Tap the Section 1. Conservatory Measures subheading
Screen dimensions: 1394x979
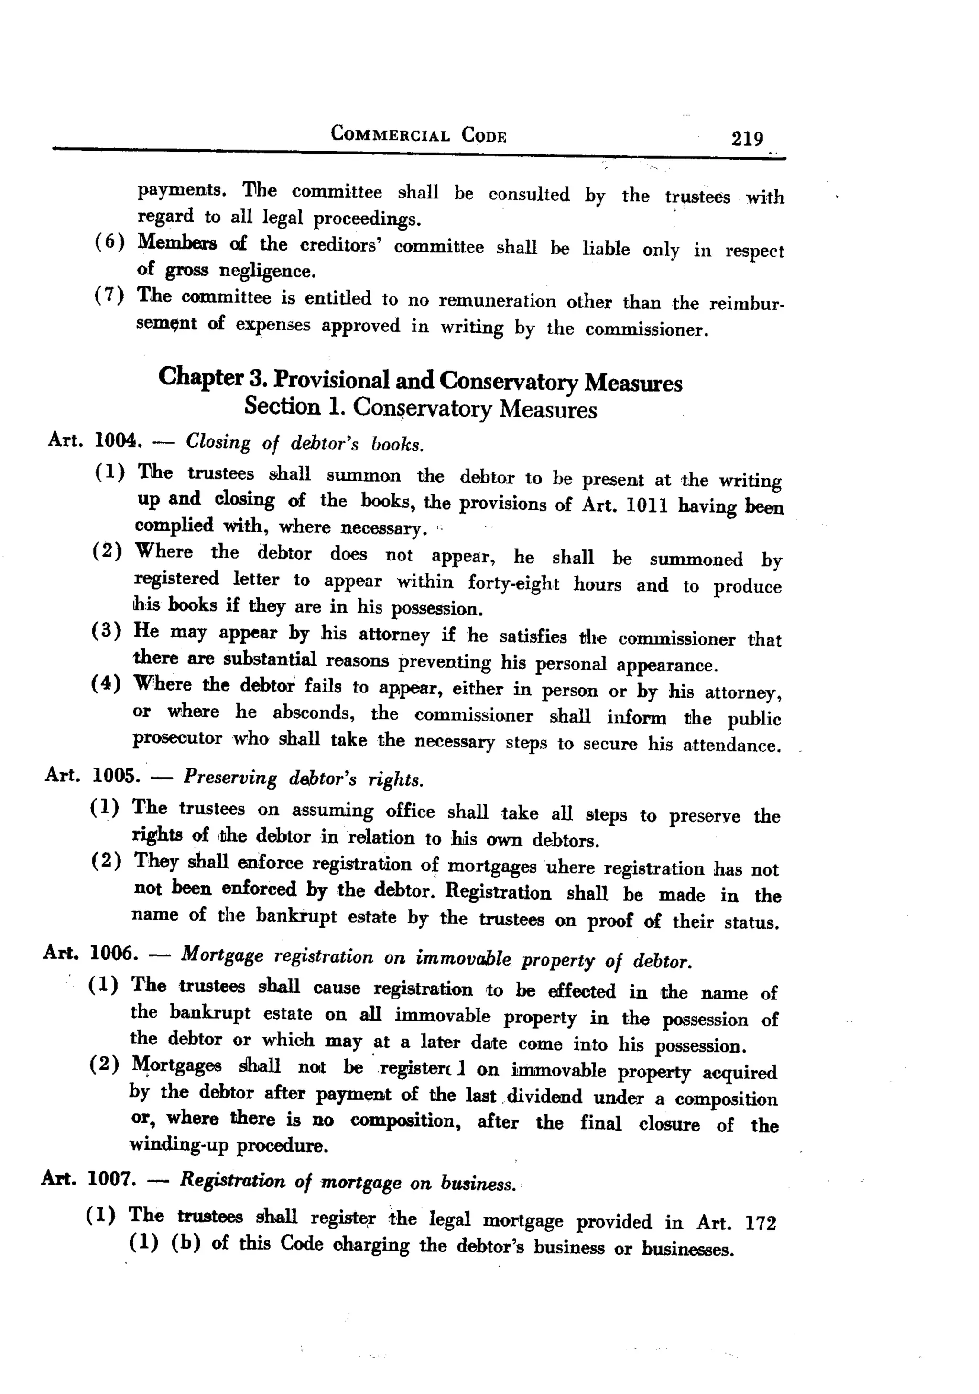tap(420, 407)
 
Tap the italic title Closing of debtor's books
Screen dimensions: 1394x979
tap(305, 443)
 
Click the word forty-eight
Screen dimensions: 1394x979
tap(513, 583)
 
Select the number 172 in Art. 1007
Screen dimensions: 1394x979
tap(760, 1223)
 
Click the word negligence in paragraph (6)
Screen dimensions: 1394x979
tap(267, 270)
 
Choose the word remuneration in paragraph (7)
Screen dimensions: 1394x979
tap(497, 300)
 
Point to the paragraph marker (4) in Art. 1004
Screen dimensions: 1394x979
tap(106, 684)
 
